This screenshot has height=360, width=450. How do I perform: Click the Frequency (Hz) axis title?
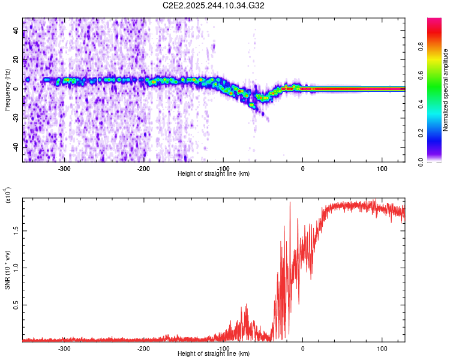[x=7, y=89]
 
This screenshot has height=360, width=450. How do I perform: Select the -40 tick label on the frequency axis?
[x=16, y=147]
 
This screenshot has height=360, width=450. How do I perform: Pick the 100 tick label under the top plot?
[x=382, y=168]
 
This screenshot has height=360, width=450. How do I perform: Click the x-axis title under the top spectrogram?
[x=214, y=173]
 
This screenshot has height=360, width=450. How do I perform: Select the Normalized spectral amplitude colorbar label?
[x=446, y=90]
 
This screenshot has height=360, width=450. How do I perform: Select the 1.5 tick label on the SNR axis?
[x=15, y=229]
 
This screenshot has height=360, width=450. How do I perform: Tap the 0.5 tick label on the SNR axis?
[x=15, y=305]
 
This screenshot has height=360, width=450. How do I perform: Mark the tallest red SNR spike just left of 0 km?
[x=290, y=203]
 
